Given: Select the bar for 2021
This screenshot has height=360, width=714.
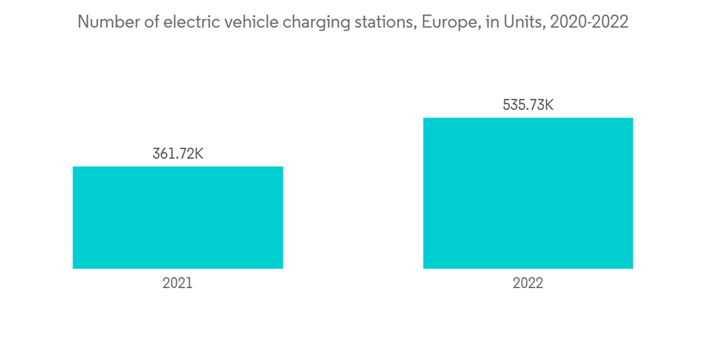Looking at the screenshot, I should click(178, 217).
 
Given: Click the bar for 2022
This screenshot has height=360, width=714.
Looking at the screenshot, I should click(528, 193).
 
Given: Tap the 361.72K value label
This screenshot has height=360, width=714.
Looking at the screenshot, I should click(178, 154).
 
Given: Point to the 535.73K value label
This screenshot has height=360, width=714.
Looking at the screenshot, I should click(528, 105).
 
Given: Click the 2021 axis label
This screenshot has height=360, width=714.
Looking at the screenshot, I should click(178, 283).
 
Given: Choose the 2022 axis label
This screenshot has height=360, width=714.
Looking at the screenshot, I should click(528, 283).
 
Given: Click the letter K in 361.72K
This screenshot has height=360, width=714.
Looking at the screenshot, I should click(199, 154).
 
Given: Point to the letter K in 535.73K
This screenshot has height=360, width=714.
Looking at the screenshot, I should click(549, 105).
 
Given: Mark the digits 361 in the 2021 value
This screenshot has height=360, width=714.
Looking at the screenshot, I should click(163, 154).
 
